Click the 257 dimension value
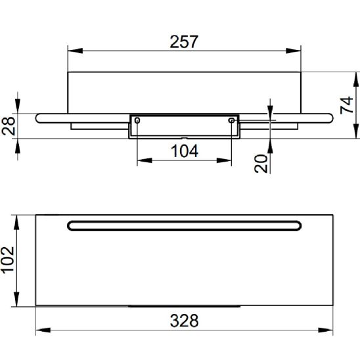184,42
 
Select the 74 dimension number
347,105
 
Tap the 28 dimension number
9,126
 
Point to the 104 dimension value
185,151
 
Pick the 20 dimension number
261,164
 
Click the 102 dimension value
8,260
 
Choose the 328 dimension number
184,321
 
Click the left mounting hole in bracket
137,120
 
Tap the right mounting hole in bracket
231,120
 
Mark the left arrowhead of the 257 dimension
76,51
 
